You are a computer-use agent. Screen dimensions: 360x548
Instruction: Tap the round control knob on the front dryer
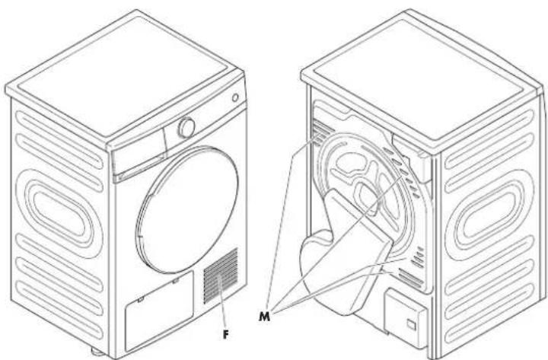186,128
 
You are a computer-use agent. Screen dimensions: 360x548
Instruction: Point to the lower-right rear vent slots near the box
411,266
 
